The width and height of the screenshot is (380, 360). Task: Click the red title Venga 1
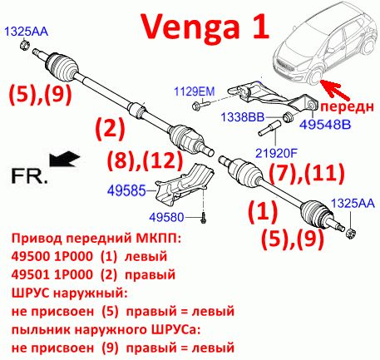205,26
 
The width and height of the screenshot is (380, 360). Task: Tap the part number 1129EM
195,91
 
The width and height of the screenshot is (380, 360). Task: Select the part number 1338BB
242,117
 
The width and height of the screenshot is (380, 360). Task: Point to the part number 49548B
325,125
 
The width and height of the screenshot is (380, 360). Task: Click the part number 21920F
276,153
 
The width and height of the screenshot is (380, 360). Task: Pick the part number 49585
126,190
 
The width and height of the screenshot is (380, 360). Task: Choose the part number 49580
166,217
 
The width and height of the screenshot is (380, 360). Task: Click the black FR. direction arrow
65,159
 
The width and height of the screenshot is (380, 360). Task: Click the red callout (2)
110,128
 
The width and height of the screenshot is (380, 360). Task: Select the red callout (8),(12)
145,160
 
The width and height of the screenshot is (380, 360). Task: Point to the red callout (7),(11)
307,173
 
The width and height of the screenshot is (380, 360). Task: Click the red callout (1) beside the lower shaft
263,211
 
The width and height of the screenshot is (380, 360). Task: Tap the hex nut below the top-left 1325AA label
25,45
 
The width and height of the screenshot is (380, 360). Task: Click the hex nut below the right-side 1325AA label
351,233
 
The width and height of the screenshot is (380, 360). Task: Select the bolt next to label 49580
204,218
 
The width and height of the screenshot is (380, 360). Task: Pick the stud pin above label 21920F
269,129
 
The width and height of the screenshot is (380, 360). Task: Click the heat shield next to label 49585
185,185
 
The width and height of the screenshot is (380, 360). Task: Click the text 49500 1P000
52,256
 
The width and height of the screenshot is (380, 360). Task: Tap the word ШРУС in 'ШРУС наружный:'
31,293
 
